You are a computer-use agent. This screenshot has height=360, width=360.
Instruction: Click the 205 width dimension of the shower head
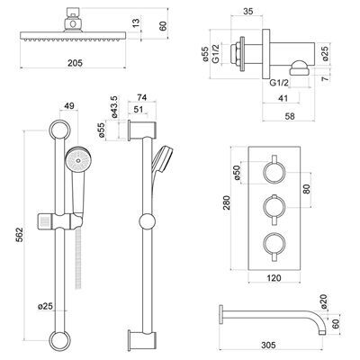(75, 63)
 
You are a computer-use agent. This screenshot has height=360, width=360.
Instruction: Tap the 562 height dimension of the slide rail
(19, 235)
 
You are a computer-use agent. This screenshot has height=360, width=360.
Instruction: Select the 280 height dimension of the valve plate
(227, 202)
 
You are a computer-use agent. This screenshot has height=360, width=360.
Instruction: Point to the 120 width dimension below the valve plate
(274, 278)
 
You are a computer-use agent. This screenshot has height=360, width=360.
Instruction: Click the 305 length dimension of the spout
(268, 345)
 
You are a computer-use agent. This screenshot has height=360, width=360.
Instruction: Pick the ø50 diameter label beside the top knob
(238, 173)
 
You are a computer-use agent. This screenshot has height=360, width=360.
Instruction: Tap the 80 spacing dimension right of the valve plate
(306, 189)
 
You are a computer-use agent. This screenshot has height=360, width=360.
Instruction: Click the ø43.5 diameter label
(114, 106)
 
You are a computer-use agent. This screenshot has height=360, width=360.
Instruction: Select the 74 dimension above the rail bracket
(143, 98)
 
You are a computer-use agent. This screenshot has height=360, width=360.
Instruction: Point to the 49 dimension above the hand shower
(69, 105)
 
